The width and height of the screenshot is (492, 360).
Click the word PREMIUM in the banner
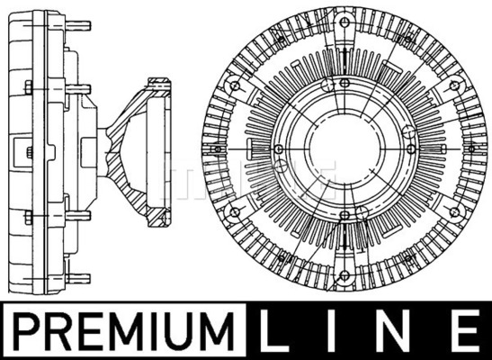(x=123, y=331)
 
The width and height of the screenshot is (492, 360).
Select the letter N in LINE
(x=396, y=330)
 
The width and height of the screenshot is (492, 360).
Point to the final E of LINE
(x=467, y=330)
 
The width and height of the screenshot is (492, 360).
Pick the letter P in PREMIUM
(x=27, y=331)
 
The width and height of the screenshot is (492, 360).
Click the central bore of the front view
(x=344, y=149)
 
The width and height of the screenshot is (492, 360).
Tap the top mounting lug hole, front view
(x=344, y=22)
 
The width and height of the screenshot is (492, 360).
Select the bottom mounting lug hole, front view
(x=344, y=276)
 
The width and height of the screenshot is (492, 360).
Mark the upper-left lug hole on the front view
(x=235, y=85)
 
